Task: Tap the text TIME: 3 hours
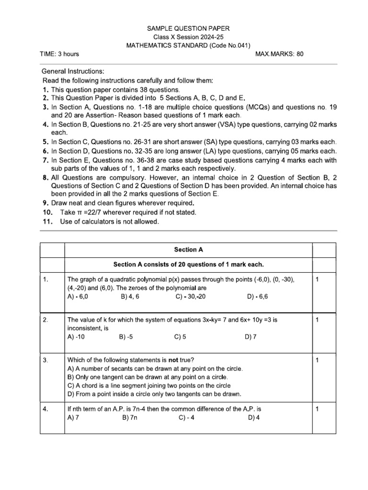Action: (x=59, y=54)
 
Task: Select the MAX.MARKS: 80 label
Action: (x=280, y=54)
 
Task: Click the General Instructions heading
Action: (x=73, y=71)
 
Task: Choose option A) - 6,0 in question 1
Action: (x=78, y=297)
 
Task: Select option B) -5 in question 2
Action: (x=126, y=337)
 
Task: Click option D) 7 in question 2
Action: (x=251, y=337)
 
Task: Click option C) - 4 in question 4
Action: (x=186, y=417)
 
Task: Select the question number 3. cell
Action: (x=46, y=360)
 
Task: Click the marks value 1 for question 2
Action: (x=317, y=320)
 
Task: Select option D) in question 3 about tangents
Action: (x=154, y=394)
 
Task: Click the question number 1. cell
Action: (x=46, y=279)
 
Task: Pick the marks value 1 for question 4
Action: (x=317, y=409)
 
